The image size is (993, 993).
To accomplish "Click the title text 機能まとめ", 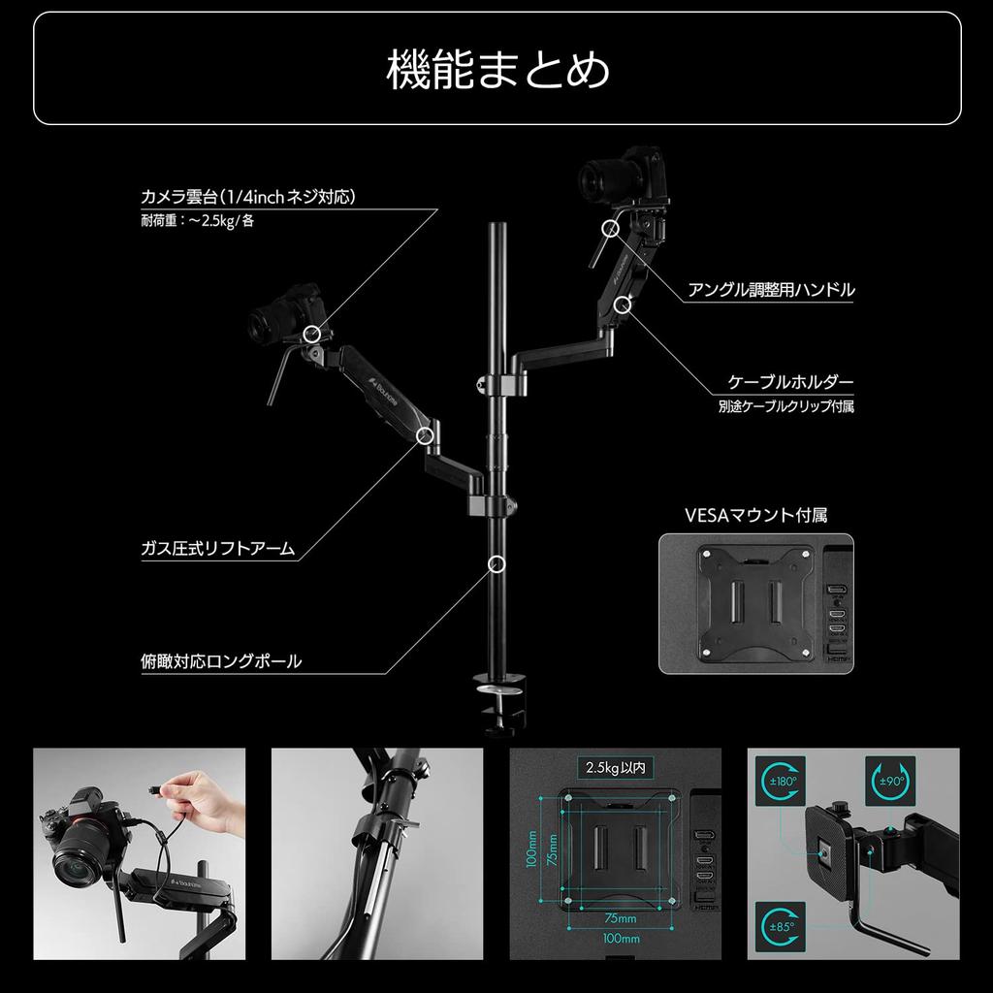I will coord(497,70).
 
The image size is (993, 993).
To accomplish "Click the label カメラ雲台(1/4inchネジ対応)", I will coord(248,197).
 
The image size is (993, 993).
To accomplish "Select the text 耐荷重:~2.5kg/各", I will coord(198,220).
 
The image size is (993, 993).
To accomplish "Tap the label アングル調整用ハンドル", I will coord(771,289).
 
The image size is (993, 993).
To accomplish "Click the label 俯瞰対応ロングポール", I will coord(221,662).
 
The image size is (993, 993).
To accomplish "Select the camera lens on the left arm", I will coord(264,325).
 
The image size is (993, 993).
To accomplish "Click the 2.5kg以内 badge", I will coord(616,768).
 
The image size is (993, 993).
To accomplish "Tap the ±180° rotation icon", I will coord(783,782).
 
